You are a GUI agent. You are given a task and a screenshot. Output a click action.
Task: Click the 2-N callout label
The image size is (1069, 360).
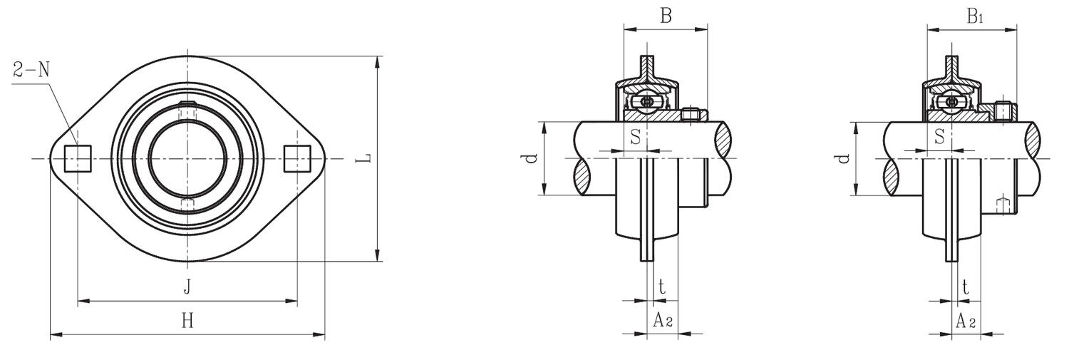click(31, 70)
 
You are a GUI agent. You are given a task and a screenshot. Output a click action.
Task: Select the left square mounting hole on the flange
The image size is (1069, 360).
click(78, 158)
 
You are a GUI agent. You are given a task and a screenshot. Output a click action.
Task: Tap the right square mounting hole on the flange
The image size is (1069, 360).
click(297, 158)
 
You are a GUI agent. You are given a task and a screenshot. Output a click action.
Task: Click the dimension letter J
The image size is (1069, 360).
click(187, 287)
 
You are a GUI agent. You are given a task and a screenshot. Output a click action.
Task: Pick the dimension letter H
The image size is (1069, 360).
click(187, 321)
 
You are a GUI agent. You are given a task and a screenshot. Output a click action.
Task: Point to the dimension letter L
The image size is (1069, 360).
click(364, 158)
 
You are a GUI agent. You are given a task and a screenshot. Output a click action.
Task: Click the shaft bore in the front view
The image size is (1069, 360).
click(187, 158)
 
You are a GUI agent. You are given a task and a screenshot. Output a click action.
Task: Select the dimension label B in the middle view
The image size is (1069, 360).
click(665, 16)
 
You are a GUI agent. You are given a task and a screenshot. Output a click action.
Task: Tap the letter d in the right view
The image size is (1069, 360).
click(844, 158)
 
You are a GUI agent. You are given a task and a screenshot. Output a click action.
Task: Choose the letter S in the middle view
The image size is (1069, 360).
click(635, 136)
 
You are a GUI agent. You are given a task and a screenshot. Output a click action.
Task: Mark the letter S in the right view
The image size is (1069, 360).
click(939, 136)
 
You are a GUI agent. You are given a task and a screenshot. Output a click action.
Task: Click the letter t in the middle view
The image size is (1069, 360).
click(662, 287)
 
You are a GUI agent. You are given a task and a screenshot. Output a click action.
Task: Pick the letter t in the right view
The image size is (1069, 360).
click(965, 287)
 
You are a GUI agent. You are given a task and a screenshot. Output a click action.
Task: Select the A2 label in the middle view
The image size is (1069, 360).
click(663, 321)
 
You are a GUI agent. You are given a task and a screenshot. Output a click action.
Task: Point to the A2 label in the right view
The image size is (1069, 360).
click(965, 321)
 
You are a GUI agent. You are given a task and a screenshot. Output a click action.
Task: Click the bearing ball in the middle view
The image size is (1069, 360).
click(646, 102)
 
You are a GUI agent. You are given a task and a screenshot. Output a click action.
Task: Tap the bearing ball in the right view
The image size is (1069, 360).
click(951, 102)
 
